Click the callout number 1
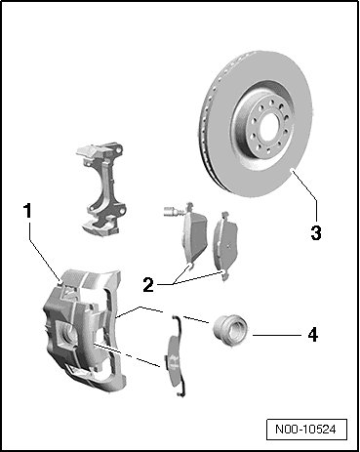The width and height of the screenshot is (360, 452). pos(28,210)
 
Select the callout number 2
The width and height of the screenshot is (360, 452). pos(148,285)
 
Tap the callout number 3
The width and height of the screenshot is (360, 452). pos(316,232)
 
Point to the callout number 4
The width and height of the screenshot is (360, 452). pos(312,335)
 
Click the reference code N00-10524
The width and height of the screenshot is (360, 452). pos(305,430)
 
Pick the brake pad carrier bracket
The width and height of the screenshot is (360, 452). pos(100,187)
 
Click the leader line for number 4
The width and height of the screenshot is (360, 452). pos(277,335)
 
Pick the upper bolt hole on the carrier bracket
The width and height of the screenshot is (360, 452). pos(120,150)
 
